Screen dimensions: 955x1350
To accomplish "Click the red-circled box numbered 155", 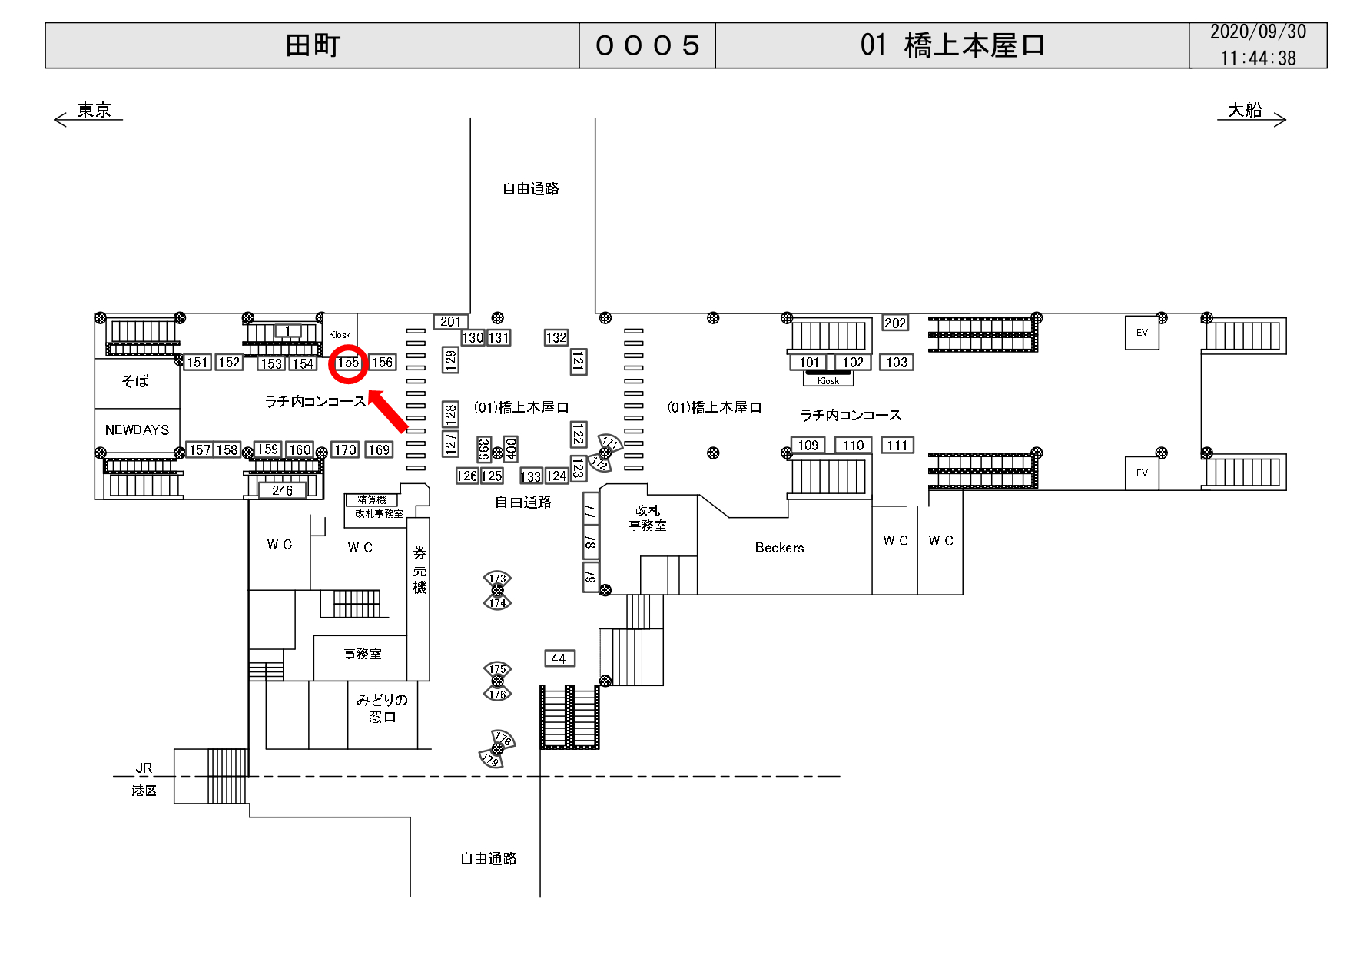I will coord(348,363).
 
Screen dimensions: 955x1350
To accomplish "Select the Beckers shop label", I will coord(779,548).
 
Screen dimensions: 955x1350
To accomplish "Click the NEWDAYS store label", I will coord(137,430).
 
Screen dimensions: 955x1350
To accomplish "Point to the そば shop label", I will coord(135,381).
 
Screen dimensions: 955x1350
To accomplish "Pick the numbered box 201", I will coord(451,322).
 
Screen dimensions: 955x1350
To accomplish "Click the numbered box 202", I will coord(895,323).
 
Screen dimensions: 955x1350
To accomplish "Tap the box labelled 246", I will coord(282,490).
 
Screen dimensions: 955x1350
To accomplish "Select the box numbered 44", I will coord(559,658).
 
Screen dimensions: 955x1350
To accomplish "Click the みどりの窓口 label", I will coord(382,708).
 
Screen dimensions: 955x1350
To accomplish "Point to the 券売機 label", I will coord(420,570).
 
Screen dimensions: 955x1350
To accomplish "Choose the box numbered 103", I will coord(897,363).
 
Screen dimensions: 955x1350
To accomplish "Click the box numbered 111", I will coord(897,446).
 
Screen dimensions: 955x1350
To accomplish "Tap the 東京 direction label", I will coord(95,111).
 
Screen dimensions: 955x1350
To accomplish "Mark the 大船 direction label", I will coord(1245,111).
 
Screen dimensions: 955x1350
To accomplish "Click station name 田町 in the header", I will coord(313,46).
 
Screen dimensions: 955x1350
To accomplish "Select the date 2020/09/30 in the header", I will coord(1258,32).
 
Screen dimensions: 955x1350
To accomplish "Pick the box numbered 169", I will coord(379,450).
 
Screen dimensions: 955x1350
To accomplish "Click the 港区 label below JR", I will coord(144,791).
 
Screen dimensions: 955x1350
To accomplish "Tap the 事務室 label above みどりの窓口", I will coord(363,654).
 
